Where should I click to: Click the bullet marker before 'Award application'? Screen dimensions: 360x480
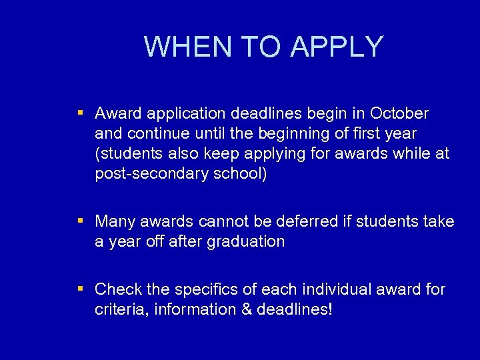[x=80, y=113]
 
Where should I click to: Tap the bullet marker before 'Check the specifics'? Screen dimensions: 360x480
[x=80, y=289]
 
